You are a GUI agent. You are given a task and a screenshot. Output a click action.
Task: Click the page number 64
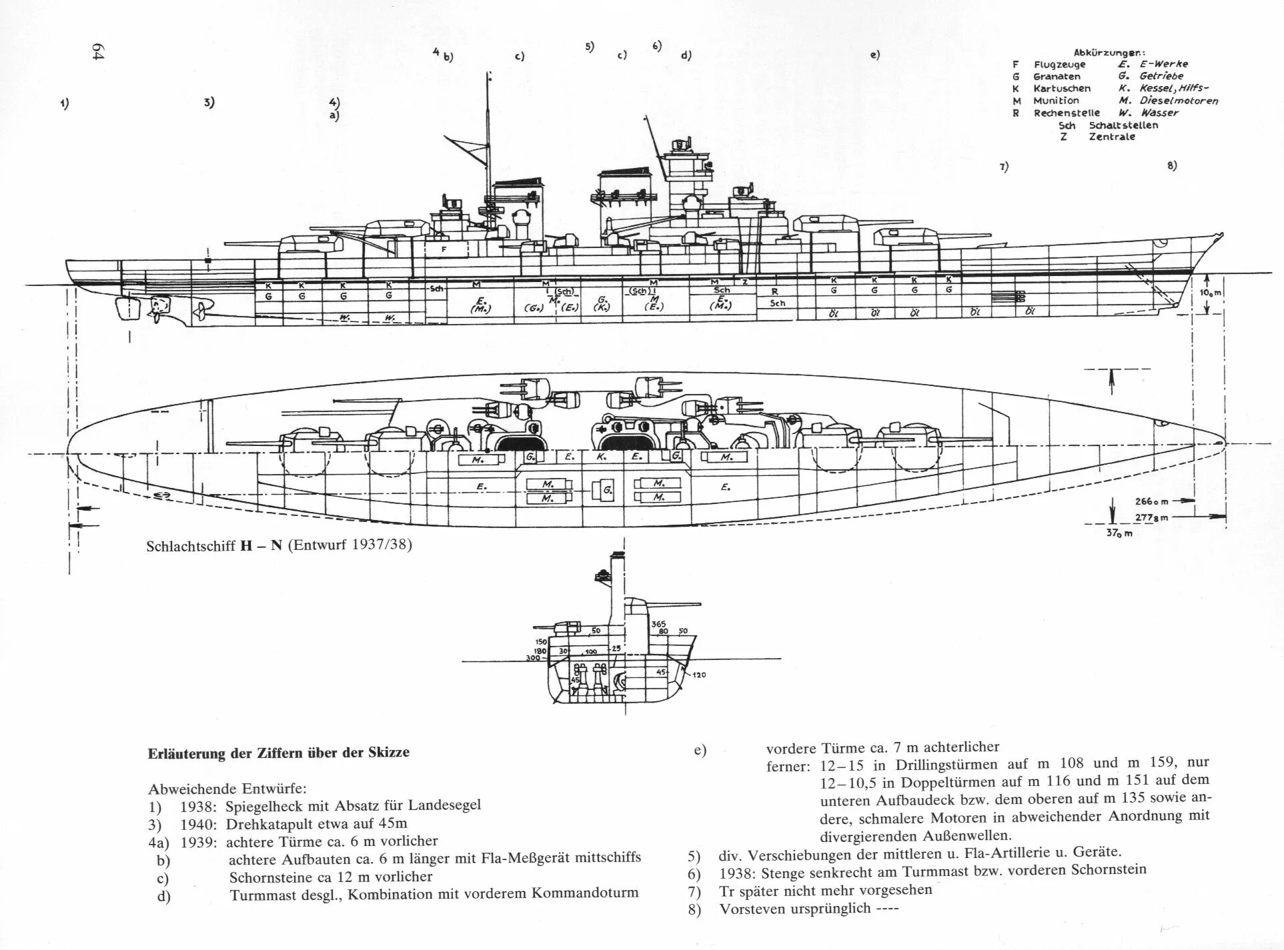pos(99,53)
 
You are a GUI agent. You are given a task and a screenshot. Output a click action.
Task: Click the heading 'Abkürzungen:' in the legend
pos(1109,53)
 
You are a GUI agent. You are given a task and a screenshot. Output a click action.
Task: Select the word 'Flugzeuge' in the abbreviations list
pos(1059,65)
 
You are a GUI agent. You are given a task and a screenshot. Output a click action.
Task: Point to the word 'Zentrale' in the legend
pos(1112,137)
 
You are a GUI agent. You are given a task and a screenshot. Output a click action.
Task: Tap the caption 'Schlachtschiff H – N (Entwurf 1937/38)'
pos(279,545)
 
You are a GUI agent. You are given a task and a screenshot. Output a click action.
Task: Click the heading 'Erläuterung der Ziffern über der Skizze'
pos(278,753)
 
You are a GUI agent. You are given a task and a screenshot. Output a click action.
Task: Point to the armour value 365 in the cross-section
pos(659,624)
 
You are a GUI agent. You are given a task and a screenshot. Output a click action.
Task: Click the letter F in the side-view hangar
pos(444,249)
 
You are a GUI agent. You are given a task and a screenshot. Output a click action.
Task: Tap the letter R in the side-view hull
pos(774,291)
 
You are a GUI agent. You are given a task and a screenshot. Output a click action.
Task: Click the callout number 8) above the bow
pos(1171,166)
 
